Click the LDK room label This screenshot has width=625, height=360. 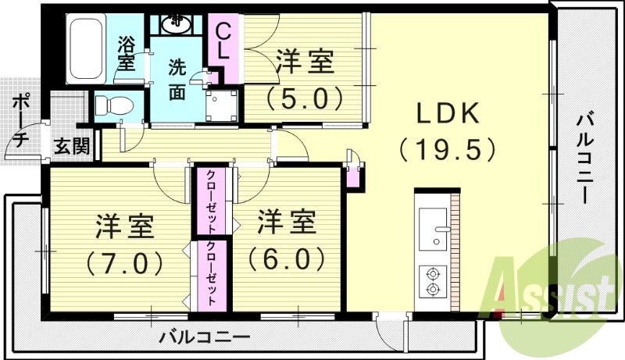[447, 115]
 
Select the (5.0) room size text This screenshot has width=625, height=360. [305, 98]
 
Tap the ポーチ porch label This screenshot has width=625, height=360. [21, 120]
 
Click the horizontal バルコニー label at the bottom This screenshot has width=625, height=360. [205, 338]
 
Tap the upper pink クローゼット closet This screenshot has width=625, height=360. [212, 201]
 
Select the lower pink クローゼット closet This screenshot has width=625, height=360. [212, 274]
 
